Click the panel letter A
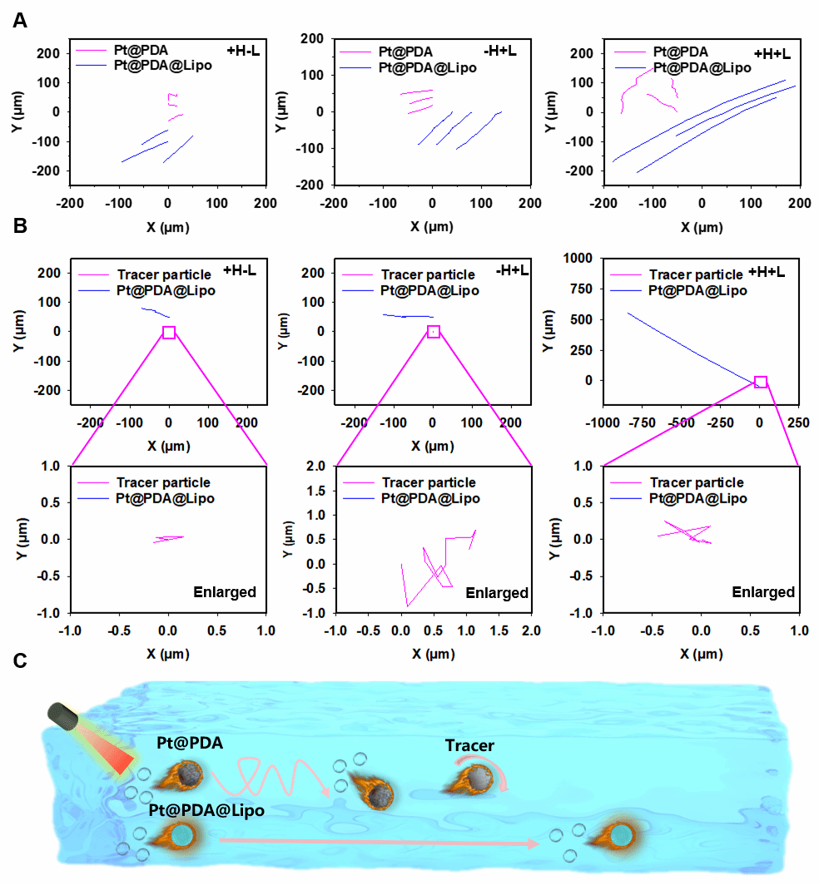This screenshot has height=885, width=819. pyautogui.click(x=20, y=20)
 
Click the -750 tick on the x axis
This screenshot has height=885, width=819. pyautogui.click(x=642, y=423)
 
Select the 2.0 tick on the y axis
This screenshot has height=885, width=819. pyautogui.click(x=318, y=467)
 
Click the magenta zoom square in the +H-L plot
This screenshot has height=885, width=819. pyautogui.click(x=169, y=332)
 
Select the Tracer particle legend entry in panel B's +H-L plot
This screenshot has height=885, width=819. pyautogui.click(x=164, y=274)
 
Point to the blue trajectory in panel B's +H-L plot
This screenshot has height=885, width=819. pyautogui.click(x=155, y=312)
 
